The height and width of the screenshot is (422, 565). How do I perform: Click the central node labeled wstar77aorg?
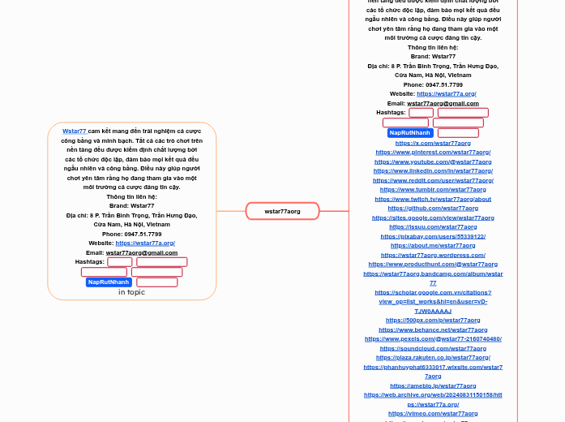(282, 211)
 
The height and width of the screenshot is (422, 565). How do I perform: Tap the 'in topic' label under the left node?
(131, 292)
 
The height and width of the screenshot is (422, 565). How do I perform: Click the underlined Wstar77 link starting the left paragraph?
(75, 131)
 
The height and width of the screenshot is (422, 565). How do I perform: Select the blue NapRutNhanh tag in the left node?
(109, 282)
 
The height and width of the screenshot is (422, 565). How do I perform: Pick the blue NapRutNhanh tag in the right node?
(409, 133)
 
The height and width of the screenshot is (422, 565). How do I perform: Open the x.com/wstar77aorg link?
(433, 143)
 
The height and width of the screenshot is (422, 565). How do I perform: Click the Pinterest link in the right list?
(433, 152)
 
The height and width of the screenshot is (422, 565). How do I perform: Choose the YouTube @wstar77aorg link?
(433, 161)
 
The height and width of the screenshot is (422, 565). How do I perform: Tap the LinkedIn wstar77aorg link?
(433, 170)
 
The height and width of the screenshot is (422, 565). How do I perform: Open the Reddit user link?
(433, 180)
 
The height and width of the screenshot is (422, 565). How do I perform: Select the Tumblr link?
(433, 189)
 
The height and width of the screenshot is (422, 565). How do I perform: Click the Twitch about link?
(433, 199)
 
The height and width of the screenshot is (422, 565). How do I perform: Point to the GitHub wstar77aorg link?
(433, 208)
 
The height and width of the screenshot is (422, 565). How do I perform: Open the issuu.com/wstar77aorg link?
(433, 226)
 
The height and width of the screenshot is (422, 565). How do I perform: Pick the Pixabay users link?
(433, 236)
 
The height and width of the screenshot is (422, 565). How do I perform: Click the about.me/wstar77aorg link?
(433, 245)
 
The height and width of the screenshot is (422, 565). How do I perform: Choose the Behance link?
(433, 329)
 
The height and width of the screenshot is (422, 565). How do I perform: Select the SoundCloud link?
(433, 348)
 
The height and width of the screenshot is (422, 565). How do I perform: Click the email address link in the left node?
(142, 252)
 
